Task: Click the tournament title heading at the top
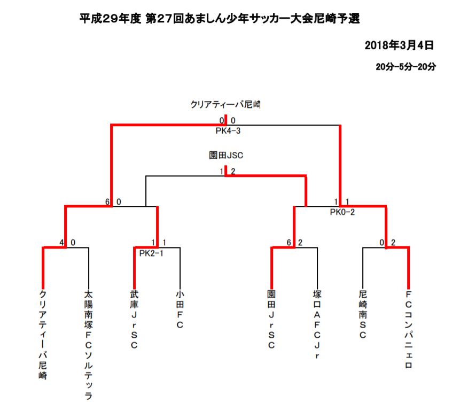pyautogui.click(x=220, y=19)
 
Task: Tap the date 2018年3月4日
pyautogui.click(x=399, y=45)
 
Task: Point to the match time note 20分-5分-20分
pyautogui.click(x=405, y=67)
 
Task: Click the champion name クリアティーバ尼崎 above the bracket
pyautogui.click(x=225, y=104)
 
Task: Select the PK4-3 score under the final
pyautogui.click(x=228, y=131)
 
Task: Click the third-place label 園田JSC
pyautogui.click(x=226, y=156)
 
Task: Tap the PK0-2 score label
pyautogui.click(x=342, y=212)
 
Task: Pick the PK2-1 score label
pyautogui.click(x=151, y=253)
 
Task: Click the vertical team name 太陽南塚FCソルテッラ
pyautogui.click(x=88, y=345)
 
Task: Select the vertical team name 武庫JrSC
pyautogui.click(x=134, y=320)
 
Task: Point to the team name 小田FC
pyautogui.click(x=180, y=309)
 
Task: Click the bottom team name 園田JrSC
pyautogui.click(x=271, y=320)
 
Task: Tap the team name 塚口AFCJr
pyautogui.click(x=317, y=324)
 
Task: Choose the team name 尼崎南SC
pyautogui.click(x=363, y=314)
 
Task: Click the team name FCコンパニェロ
pyautogui.click(x=409, y=330)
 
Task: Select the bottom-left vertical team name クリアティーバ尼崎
pyautogui.click(x=43, y=335)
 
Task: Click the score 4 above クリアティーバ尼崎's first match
pyautogui.click(x=62, y=243)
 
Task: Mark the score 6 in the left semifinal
pyautogui.click(x=107, y=202)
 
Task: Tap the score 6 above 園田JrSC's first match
pyautogui.click(x=288, y=243)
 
